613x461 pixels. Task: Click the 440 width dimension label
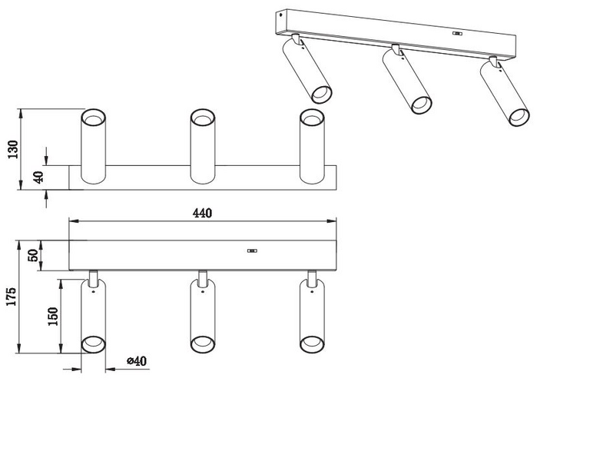pos(202,213)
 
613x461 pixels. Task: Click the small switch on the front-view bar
pos(251,250)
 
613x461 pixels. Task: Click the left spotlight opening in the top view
pos(92,119)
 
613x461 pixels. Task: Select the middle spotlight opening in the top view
pos(201,119)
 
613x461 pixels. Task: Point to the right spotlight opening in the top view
pos(310,119)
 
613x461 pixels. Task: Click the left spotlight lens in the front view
pos(93,343)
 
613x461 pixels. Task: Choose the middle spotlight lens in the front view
pos(202,343)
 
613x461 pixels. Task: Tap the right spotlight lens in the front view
pos(311,343)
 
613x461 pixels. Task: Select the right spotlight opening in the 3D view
pos(519,118)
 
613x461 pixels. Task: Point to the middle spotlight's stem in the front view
pos(202,276)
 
